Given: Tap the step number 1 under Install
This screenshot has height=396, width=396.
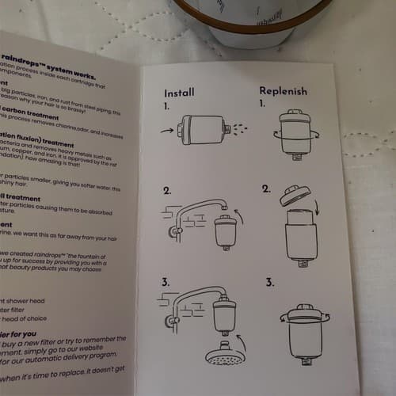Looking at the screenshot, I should tap(168, 105).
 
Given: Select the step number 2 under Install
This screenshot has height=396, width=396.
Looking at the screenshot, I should tap(168, 191).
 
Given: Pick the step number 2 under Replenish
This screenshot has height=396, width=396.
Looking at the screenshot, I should tap(267, 190).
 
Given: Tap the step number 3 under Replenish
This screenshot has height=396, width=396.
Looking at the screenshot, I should tap(271, 281).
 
